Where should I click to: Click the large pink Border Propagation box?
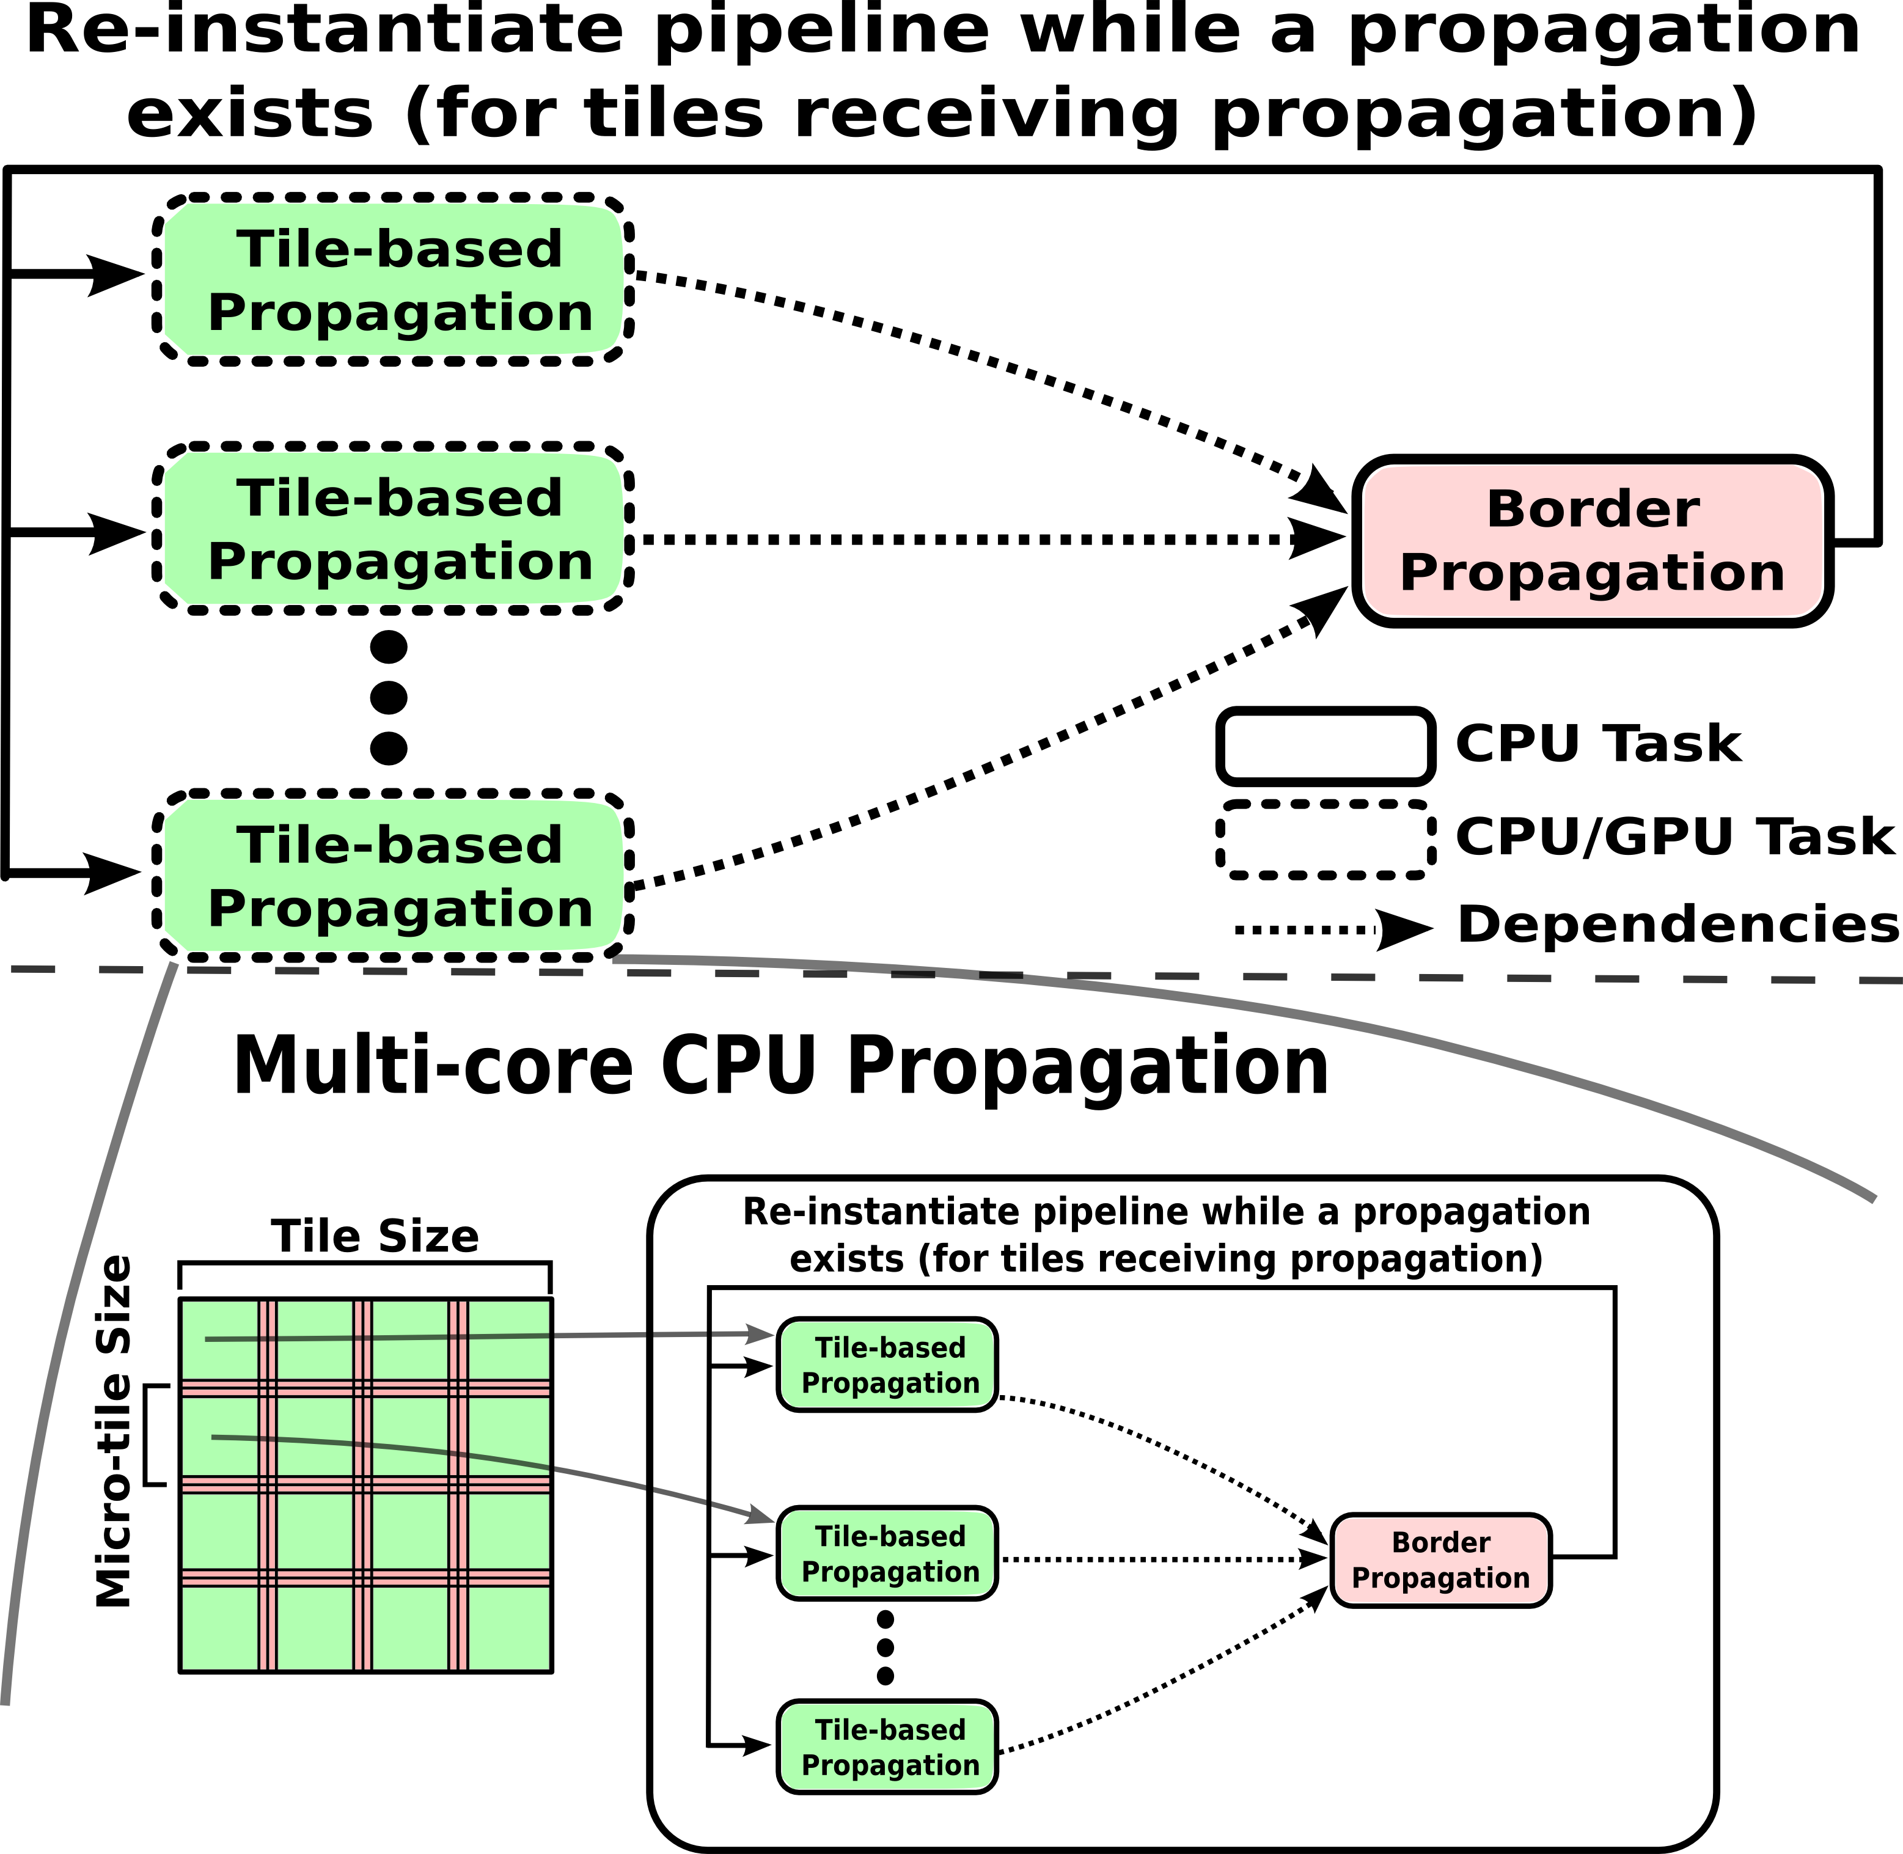click(x=1591, y=541)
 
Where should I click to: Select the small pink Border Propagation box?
click(x=1440, y=1560)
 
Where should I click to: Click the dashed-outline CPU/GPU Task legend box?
click(x=1324, y=840)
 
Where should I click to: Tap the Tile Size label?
click(x=375, y=1237)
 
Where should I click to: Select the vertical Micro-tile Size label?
click(x=114, y=1431)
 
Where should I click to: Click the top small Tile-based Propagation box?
click(x=887, y=1365)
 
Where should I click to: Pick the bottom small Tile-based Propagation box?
click(x=887, y=1747)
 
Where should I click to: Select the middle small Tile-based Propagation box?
click(x=887, y=1554)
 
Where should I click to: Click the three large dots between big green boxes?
click(x=389, y=697)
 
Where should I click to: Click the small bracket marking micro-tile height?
click(x=154, y=1435)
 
